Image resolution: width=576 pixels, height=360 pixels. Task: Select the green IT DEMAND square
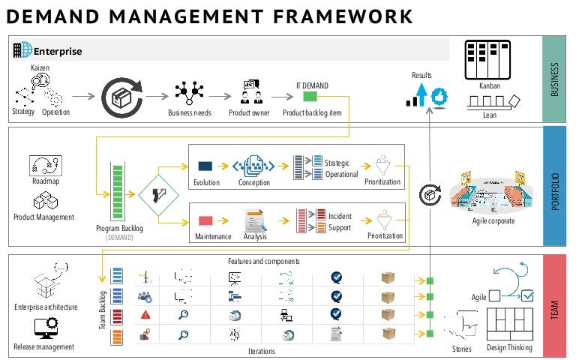tap(310, 97)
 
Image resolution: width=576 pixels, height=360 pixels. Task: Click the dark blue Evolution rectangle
tap(205, 165)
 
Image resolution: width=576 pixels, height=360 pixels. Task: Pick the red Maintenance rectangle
tap(205, 220)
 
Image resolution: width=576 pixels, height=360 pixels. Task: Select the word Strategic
tap(339, 162)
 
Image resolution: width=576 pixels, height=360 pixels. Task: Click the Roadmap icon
tap(46, 166)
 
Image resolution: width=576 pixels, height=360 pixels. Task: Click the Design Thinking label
tap(509, 347)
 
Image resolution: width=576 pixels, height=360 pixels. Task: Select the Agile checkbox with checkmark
tap(526, 295)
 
